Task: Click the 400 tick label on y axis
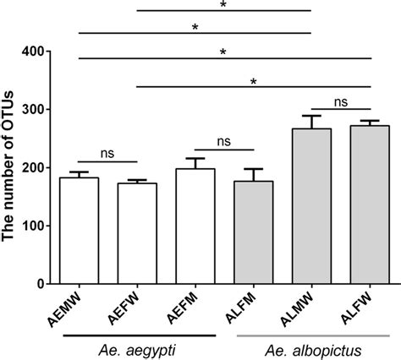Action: pyautogui.click(x=33, y=52)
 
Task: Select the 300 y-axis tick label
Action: pyautogui.click(x=33, y=110)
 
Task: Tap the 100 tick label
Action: pyautogui.click(x=33, y=226)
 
